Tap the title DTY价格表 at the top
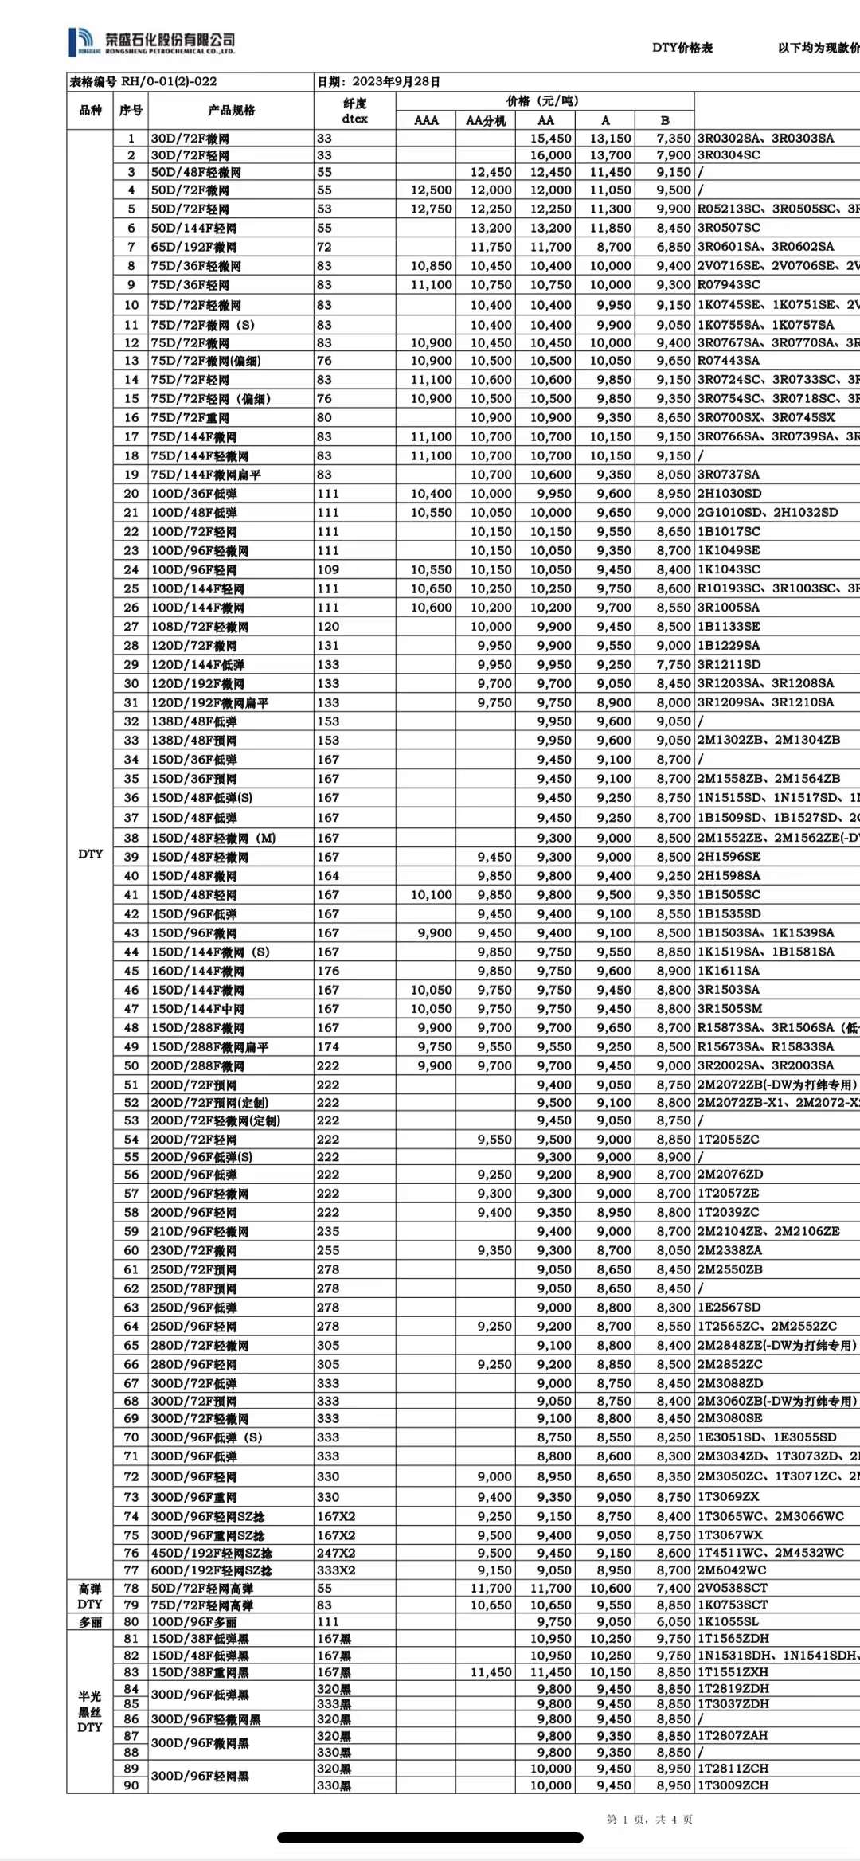pos(682,48)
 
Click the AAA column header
pos(426,120)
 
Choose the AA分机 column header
pos(485,120)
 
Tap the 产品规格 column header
pos(231,111)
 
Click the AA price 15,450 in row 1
pos(550,139)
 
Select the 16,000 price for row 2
pos(550,155)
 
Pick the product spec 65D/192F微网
pos(193,247)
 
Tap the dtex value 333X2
pos(336,1570)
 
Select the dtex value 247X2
pos(336,1553)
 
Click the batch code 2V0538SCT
pos(733,1588)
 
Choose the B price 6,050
pos(674,1621)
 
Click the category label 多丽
pos(90,1621)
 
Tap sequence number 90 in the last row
pos(131,1785)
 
